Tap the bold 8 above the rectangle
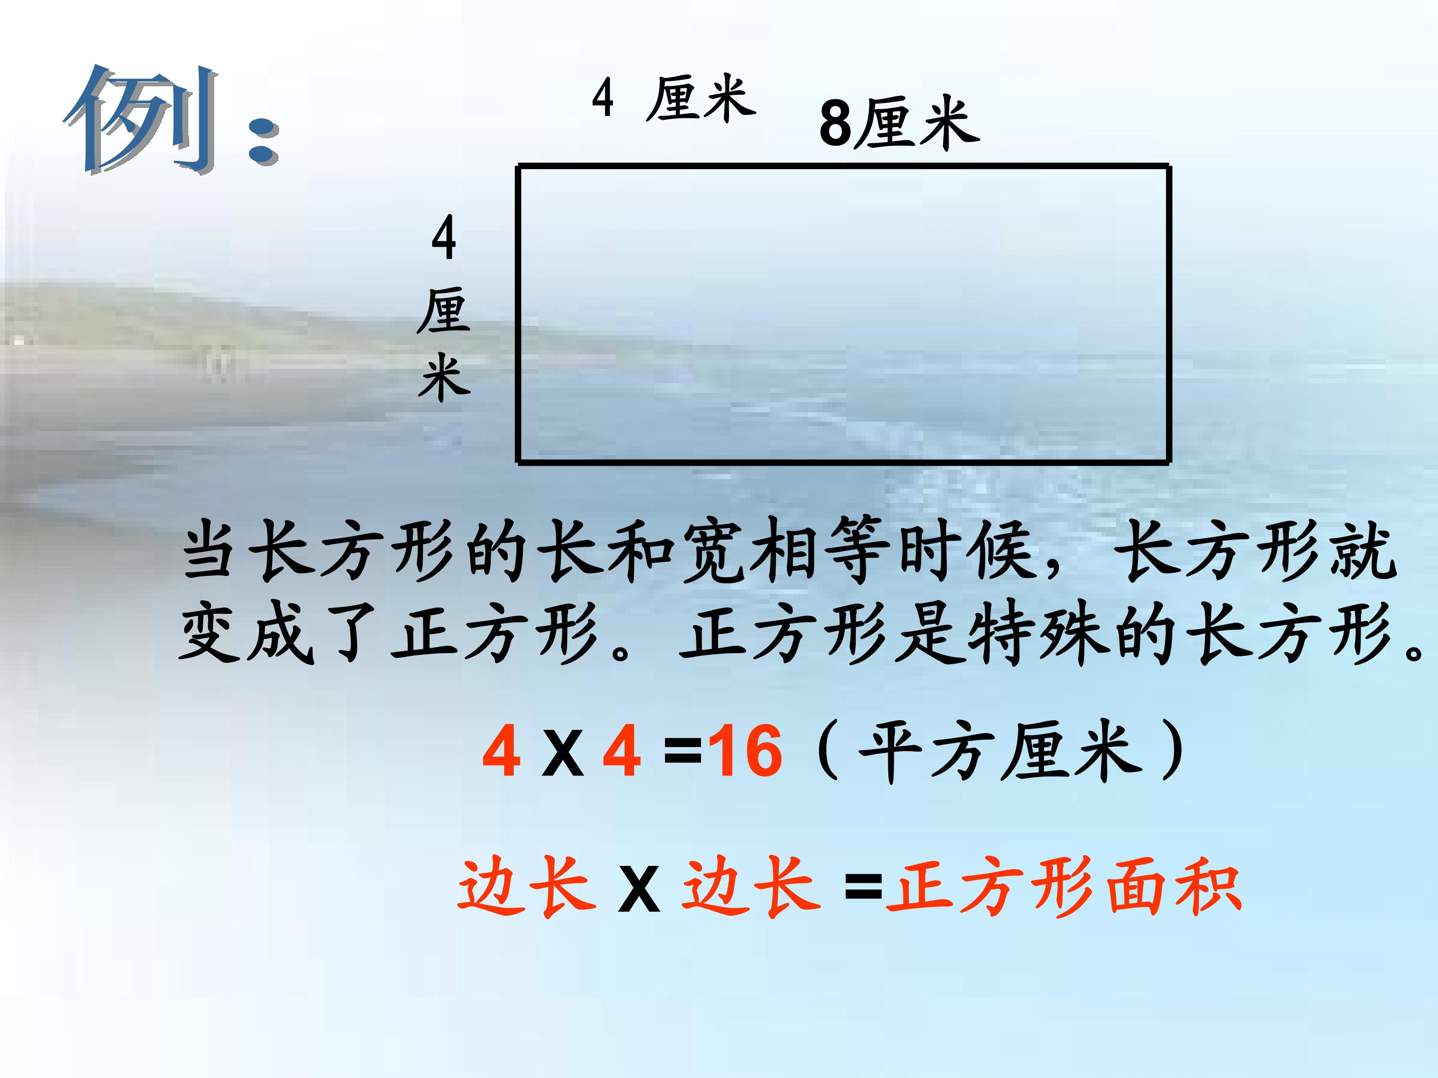[835, 123]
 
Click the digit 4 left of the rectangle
[443, 239]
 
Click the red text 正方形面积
[1064, 886]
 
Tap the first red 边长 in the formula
[527, 886]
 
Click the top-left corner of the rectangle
[518, 168]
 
